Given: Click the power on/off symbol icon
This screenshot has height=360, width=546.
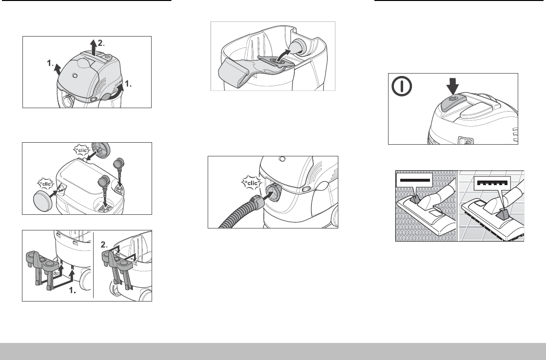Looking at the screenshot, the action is coord(402,86).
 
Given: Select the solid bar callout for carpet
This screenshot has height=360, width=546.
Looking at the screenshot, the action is coord(414,180).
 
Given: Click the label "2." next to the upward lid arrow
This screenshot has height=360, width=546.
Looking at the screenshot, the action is coord(101,43).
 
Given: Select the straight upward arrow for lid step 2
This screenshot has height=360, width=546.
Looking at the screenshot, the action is coord(93,48).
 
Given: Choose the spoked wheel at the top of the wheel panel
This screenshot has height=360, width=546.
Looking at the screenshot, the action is coord(100,149).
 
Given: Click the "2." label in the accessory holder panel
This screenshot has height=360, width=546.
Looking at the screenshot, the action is coord(104,245).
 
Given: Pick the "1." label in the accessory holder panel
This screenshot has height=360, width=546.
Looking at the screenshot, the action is coord(73,291).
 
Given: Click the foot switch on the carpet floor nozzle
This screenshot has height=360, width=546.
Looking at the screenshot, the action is coord(415,199).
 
